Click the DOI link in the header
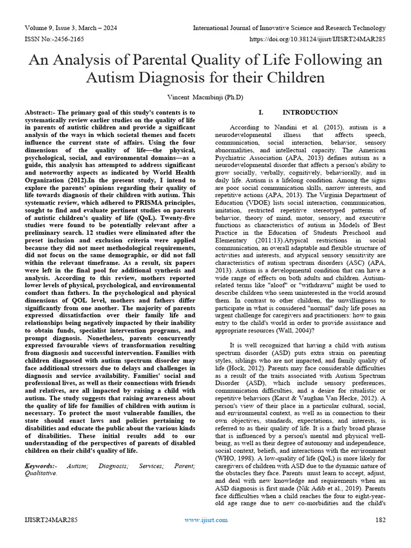[x=317, y=40]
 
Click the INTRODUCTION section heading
[x=310, y=112]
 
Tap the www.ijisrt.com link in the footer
[x=206, y=520]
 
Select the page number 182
[x=380, y=520]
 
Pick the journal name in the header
[x=289, y=28]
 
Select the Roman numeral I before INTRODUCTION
[x=260, y=112]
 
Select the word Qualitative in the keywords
[x=41, y=474]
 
